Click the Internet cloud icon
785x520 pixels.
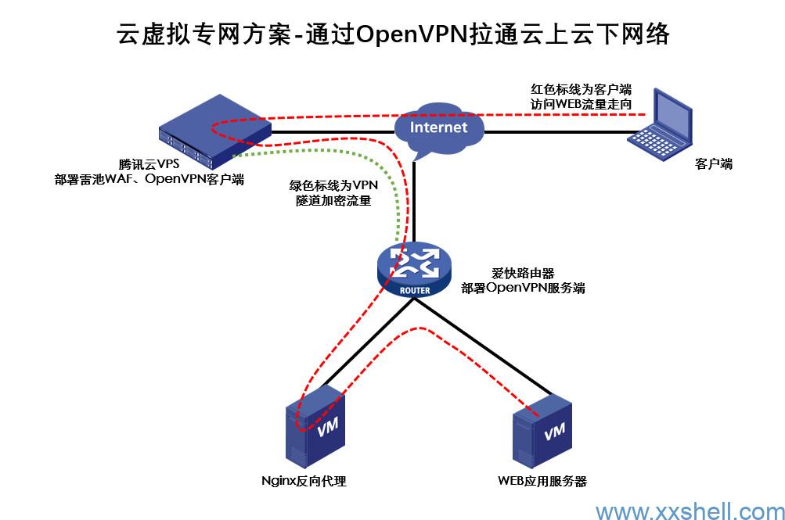(438, 127)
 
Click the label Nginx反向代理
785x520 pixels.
(302, 481)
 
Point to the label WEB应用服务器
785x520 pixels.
(542, 481)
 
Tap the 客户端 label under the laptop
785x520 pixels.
(714, 164)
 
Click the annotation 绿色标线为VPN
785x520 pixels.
(333, 185)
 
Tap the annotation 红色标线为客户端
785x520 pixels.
(581, 88)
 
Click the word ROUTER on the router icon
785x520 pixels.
(414, 290)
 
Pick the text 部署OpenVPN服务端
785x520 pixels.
(523, 288)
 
